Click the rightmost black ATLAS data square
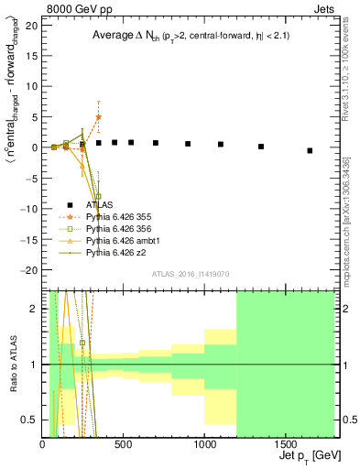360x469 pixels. pyautogui.click(x=310, y=150)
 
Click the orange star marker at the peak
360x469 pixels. pyautogui.click(x=98, y=117)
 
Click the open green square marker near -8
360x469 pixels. pyautogui.click(x=98, y=196)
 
